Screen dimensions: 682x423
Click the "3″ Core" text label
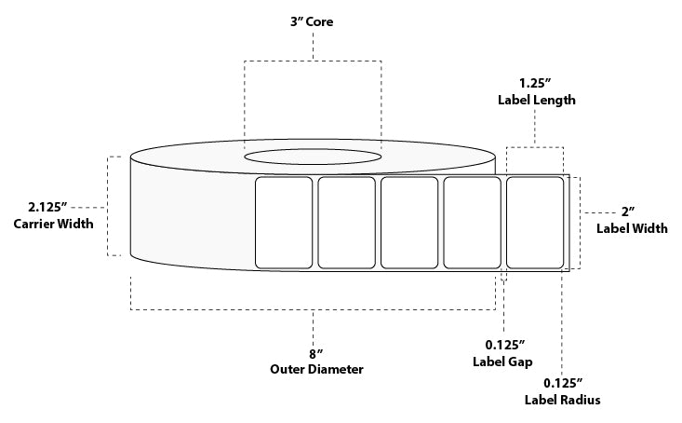pyautogui.click(x=312, y=21)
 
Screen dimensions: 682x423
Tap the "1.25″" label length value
pyautogui.click(x=535, y=83)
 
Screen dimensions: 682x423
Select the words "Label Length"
pyautogui.click(x=536, y=101)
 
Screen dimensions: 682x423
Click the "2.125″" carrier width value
pyautogui.click(x=47, y=207)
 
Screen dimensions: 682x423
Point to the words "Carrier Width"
pyautogui.click(x=53, y=224)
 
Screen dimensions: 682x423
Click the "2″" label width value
pyautogui.click(x=628, y=212)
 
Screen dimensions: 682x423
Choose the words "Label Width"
pyautogui.click(x=632, y=228)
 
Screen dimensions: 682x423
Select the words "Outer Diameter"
pyautogui.click(x=316, y=369)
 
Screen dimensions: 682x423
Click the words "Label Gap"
pyautogui.click(x=502, y=362)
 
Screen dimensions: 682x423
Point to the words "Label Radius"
pyautogui.click(x=562, y=400)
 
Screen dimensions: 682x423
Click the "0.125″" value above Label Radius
pyautogui.click(x=563, y=383)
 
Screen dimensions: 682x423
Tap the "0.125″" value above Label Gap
pyautogui.click(x=505, y=346)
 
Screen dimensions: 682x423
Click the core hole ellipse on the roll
pyautogui.click(x=313, y=149)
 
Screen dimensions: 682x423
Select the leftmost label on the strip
pyautogui.click(x=284, y=223)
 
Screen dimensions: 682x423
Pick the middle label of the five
pyautogui.click(x=409, y=223)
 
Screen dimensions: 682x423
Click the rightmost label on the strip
pyautogui.click(x=535, y=223)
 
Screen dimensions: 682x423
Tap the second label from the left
pyautogui.click(x=346, y=223)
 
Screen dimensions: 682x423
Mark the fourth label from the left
pyautogui.click(x=472, y=223)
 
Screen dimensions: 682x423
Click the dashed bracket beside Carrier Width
pyautogui.click(x=108, y=206)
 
